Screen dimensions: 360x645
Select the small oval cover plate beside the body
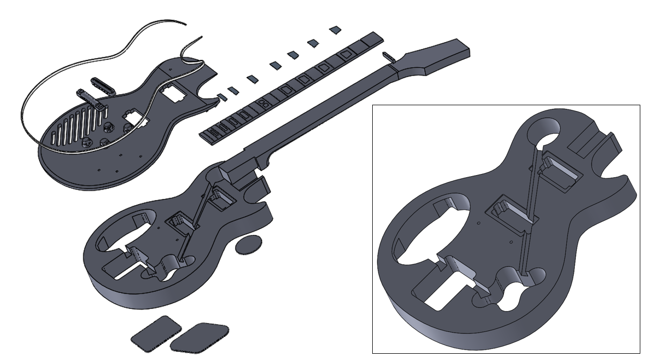point(248,244)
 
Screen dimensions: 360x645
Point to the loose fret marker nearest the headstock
point(336,30)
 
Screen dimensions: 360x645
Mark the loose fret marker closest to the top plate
point(222,97)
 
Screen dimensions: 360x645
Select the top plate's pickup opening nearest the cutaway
point(172,93)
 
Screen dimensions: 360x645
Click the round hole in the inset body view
point(544,130)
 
